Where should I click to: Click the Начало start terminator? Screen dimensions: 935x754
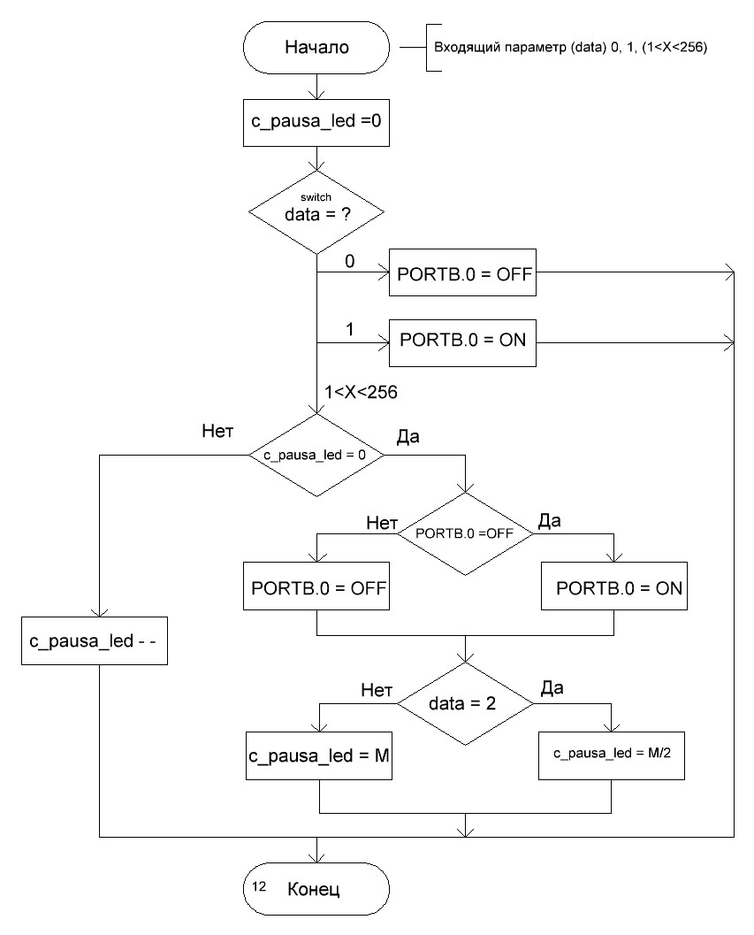pos(316,48)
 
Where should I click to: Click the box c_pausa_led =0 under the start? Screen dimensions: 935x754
pos(316,124)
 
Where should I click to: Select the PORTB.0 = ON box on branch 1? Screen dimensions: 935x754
pos(463,341)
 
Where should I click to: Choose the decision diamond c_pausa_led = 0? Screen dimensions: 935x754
pos(316,455)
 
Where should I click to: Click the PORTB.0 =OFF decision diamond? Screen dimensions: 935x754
pos(465,534)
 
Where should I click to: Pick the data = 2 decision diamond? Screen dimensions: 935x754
pos(465,704)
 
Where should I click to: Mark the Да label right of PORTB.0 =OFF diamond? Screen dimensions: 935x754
pos(549,522)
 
